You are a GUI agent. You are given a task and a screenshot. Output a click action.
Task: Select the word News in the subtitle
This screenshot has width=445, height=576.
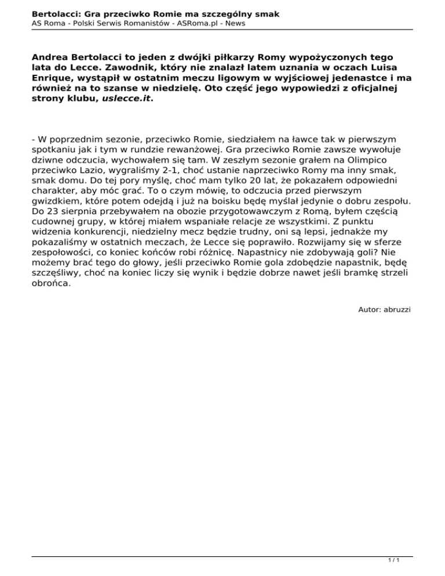[234, 23]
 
